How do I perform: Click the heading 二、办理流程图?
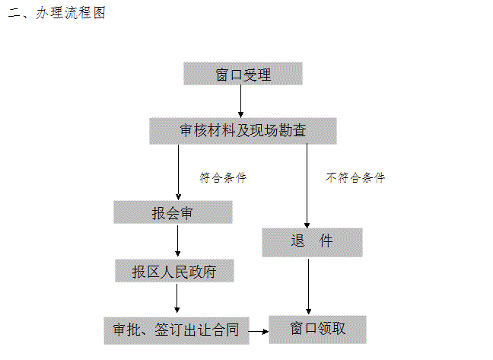[x=56, y=13]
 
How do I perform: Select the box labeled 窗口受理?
[x=243, y=74]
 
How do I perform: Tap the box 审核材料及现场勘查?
[x=243, y=131]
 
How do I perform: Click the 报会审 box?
[x=173, y=212]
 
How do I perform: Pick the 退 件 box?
[x=312, y=243]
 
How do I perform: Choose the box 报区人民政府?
[x=174, y=271]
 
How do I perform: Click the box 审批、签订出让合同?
[x=177, y=331]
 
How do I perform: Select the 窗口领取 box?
[x=317, y=330]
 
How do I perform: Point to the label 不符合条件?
[x=355, y=177]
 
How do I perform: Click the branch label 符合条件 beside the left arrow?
[x=223, y=177]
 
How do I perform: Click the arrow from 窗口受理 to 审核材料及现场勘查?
[x=241, y=101]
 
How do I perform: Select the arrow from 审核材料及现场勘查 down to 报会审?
[x=178, y=172]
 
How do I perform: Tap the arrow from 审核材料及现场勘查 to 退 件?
[x=307, y=186]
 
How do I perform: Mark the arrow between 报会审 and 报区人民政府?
[x=177, y=241]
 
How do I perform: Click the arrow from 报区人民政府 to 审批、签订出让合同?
[x=177, y=298]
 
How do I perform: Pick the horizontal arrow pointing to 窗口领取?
[x=259, y=331]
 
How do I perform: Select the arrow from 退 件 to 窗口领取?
[x=308, y=286]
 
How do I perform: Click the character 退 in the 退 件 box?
[x=297, y=241]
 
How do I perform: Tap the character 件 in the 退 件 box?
[x=326, y=241]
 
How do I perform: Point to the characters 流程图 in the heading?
[x=85, y=13]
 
